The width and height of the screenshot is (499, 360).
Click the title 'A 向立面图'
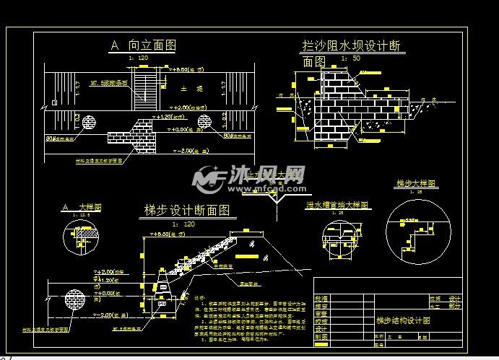click(143, 45)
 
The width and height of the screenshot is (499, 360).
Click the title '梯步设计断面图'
click(187, 211)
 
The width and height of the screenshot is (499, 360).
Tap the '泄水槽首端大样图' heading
click(338, 205)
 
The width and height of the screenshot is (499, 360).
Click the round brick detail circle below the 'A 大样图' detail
click(74, 299)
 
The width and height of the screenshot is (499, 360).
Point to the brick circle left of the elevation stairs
click(91, 120)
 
